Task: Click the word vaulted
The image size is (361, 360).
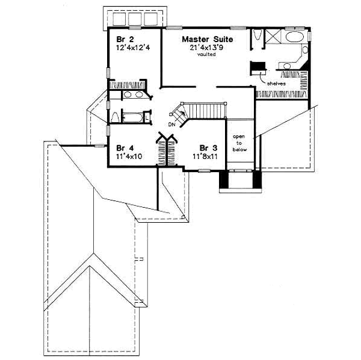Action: click(x=206, y=54)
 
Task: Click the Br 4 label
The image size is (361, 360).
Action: click(x=125, y=147)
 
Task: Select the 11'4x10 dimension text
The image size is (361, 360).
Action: click(x=129, y=155)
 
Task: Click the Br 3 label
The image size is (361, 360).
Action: click(x=208, y=147)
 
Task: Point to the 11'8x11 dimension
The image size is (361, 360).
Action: click(x=205, y=155)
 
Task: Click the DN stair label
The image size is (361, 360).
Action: click(x=171, y=125)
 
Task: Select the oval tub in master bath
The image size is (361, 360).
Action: click(x=295, y=38)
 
